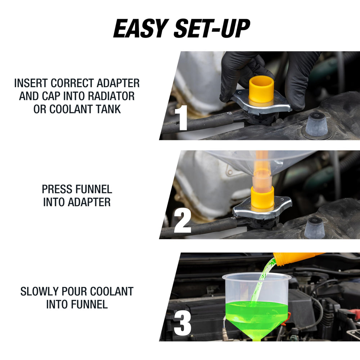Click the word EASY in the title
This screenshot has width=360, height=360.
click(140, 28)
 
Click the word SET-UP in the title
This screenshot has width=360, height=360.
click(212, 28)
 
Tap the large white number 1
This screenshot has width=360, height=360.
click(181, 118)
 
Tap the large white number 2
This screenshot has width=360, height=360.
click(182, 221)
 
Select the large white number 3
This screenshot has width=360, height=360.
click(183, 323)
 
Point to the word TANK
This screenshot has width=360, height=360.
click(108, 109)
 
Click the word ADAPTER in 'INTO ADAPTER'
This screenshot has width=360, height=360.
click(89, 202)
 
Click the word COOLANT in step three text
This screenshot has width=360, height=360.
click(112, 292)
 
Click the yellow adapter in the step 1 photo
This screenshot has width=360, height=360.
click(261, 91)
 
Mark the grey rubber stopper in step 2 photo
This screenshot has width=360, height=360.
click(315, 228)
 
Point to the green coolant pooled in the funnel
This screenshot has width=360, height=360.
click(257, 319)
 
